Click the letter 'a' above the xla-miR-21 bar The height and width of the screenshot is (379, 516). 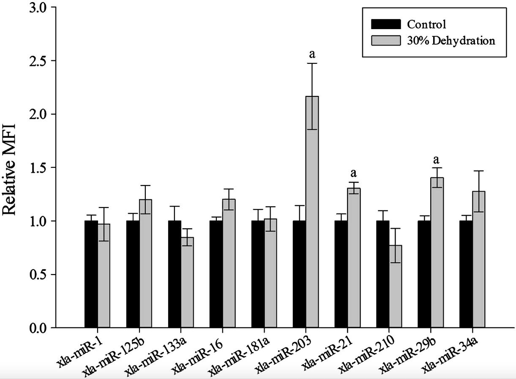[x=354, y=173]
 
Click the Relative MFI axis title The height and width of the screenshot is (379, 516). [x=9, y=169]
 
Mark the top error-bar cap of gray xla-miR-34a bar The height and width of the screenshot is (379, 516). [x=478, y=171]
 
